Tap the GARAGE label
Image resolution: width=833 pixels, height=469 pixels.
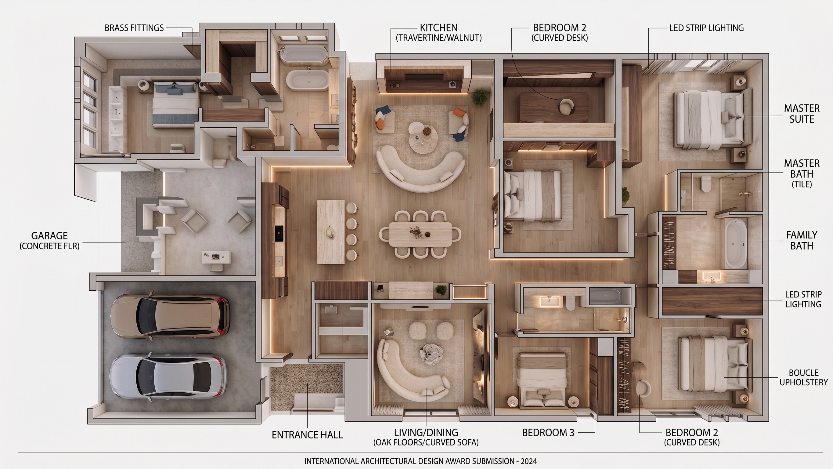coord(49,236)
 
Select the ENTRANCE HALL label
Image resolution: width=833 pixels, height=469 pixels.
coord(307,435)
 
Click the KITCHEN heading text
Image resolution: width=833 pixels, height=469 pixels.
coord(438,27)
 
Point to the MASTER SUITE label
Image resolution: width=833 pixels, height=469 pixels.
coord(802,114)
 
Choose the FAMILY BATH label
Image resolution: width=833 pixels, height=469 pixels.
coord(802,240)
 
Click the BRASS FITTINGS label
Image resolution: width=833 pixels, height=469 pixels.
coord(134,28)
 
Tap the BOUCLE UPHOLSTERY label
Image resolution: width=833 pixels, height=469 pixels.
coord(804,377)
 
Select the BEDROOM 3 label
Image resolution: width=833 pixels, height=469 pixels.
coord(548,433)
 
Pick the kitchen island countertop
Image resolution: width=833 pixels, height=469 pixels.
coord(330,232)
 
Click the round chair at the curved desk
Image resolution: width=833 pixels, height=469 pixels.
coord(566,107)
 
